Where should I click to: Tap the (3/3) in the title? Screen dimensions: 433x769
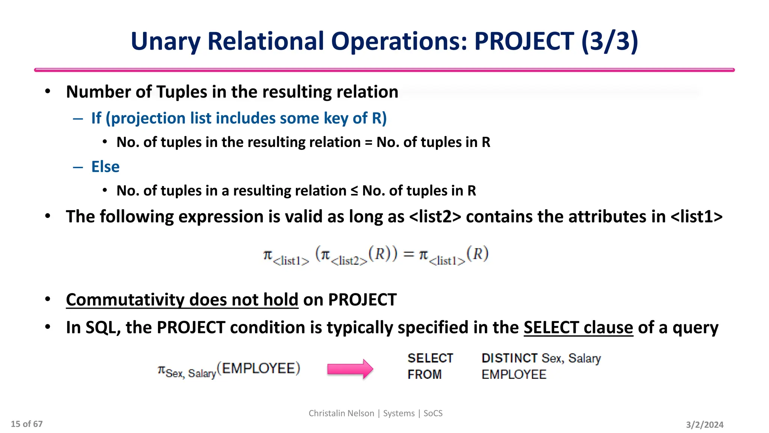click(x=609, y=41)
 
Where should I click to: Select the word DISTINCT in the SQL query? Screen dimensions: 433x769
click(x=509, y=358)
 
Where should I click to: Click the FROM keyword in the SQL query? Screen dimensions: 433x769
click(x=424, y=375)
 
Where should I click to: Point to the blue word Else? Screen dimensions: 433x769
click(x=105, y=167)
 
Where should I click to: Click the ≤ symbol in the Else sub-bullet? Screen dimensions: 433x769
click(x=354, y=191)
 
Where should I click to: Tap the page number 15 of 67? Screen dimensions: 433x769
click(x=27, y=424)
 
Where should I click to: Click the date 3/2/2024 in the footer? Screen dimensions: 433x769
click(x=704, y=425)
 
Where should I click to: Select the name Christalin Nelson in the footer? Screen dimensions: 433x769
click(x=341, y=413)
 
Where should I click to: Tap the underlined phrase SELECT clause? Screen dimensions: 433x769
click(x=578, y=327)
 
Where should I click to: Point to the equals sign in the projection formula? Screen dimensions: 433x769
click(x=409, y=254)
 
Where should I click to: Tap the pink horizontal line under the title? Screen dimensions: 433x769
click(x=384, y=70)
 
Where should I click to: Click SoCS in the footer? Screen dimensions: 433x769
click(x=433, y=413)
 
